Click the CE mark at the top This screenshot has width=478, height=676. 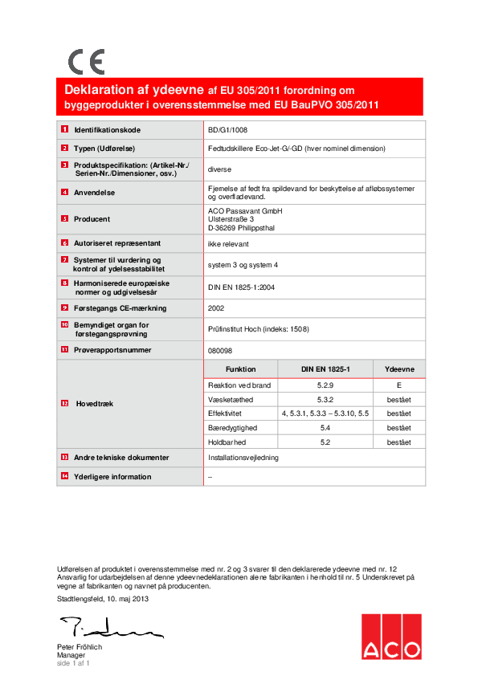click(86, 61)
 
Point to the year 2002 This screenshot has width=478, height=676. click(216, 307)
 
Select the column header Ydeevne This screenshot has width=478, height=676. click(399, 369)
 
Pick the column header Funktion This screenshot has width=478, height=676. click(241, 369)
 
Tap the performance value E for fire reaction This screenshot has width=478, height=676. click(399, 386)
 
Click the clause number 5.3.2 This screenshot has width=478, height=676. click(325, 400)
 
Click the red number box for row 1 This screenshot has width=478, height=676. click(63, 129)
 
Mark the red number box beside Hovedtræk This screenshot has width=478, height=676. click(63, 404)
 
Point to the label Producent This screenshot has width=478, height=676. click(92, 219)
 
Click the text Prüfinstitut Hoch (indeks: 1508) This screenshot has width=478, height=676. click(258, 328)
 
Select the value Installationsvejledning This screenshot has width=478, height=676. click(243, 457)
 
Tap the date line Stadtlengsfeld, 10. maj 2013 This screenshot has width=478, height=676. click(103, 598)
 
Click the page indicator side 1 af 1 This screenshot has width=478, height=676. click(73, 663)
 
